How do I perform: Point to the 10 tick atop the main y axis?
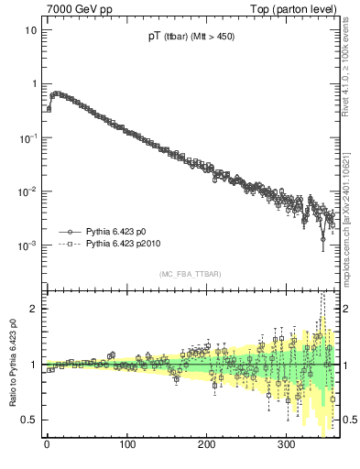point(31,29)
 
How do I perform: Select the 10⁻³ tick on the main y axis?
point(27,245)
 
